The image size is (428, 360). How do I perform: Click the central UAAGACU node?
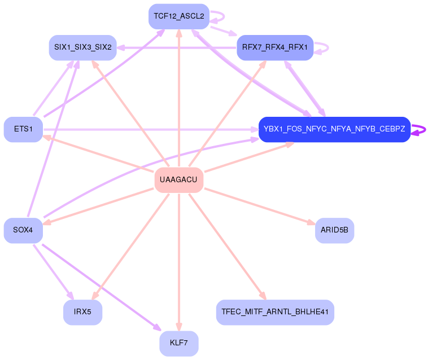(179, 180)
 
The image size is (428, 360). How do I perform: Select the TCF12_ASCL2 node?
(179, 16)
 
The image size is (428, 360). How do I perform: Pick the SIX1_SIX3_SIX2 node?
(82, 47)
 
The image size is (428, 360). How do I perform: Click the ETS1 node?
(24, 129)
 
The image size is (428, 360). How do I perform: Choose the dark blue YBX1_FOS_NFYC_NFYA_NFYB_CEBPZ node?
(334, 129)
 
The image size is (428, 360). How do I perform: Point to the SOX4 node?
(24, 230)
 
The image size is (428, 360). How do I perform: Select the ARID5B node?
(334, 230)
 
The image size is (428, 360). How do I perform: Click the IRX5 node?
(82, 312)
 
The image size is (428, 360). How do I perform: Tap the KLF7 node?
(179, 343)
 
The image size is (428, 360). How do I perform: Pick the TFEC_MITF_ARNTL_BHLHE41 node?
(275, 312)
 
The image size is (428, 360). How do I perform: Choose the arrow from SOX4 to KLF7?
(102, 288)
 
